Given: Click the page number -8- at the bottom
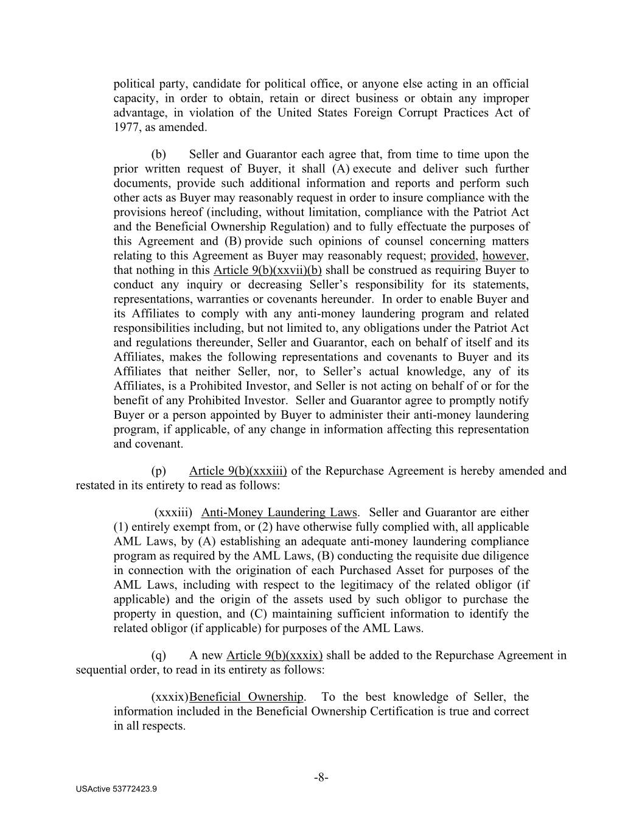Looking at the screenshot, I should (x=321, y=777).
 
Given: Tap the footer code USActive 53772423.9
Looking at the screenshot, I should (x=116, y=789).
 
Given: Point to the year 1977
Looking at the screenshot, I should (x=126, y=127).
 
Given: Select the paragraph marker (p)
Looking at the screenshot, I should (x=158, y=471).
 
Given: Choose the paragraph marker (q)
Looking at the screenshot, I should (x=158, y=656).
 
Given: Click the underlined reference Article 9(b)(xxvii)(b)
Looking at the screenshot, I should (x=268, y=270).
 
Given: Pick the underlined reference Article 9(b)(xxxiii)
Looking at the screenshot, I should (x=238, y=471).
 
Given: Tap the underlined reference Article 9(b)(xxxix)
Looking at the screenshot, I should (x=274, y=656).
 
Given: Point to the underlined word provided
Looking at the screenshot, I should (x=452, y=256).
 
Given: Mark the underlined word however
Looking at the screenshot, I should (x=504, y=256).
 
